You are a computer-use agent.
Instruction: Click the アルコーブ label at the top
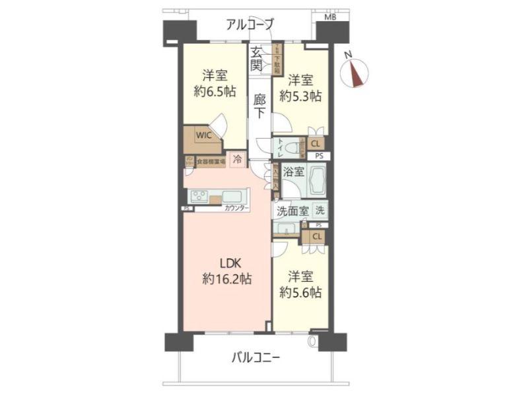pos(250,26)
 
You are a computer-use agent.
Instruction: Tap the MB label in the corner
pos(329,17)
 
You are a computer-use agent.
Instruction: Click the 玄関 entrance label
pos(257,59)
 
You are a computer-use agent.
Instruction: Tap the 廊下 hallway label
pos(260,106)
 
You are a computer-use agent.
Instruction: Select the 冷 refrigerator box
pos(238,158)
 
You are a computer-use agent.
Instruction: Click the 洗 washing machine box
pos(320,211)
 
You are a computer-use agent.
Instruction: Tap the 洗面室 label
pos(291,212)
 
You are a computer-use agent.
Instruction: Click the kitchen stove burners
pos(199,196)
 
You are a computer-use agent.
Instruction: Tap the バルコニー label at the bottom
pos(256,358)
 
